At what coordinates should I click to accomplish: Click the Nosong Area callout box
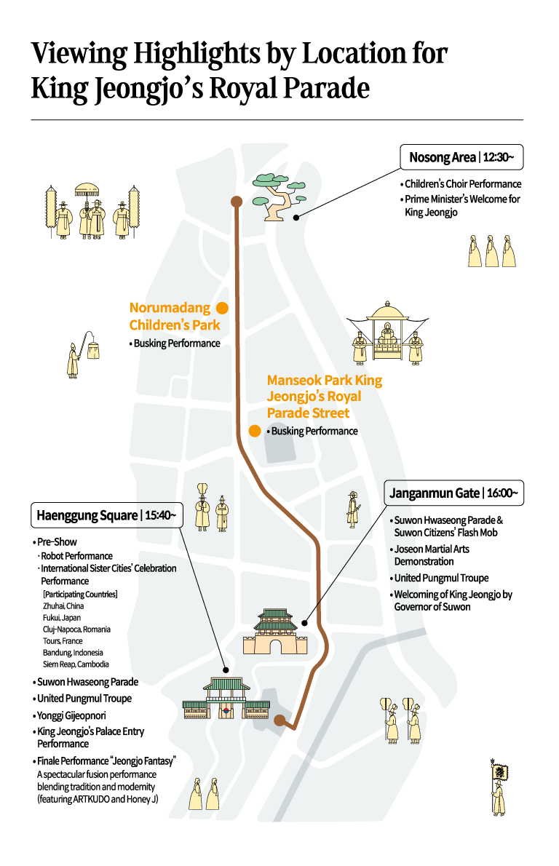[x=461, y=157]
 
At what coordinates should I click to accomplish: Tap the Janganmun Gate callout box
[x=454, y=493]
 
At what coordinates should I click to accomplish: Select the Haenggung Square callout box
[x=106, y=515]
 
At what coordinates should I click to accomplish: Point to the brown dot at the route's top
[x=237, y=202]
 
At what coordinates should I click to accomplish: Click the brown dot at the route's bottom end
[x=279, y=720]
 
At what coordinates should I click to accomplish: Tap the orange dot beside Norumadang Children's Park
[x=222, y=308]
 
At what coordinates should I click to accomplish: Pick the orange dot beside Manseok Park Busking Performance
[x=255, y=431]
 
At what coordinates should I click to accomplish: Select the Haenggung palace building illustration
[x=226, y=698]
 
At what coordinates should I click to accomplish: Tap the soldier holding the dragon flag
[x=499, y=787]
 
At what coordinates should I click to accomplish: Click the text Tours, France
[x=63, y=641]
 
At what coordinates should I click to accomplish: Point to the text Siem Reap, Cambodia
[x=76, y=664]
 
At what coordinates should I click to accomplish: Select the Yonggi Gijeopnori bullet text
[x=70, y=716]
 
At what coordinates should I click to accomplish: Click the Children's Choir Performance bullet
[x=461, y=184]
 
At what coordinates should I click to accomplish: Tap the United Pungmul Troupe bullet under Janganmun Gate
[x=439, y=579]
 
